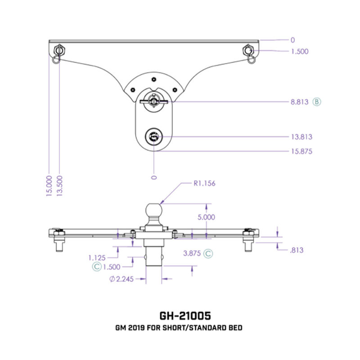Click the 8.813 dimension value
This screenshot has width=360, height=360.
(299, 102)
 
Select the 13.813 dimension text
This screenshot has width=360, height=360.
(301, 137)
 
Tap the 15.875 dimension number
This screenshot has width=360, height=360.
(301, 151)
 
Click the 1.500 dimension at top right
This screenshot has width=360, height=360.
(300, 51)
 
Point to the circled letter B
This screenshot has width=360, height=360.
(317, 102)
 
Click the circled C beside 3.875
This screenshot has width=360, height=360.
(208, 253)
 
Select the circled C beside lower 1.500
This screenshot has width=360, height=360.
(96, 266)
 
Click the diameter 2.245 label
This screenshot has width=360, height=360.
(121, 279)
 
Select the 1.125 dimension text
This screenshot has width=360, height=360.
(97, 258)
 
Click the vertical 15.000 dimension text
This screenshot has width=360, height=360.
(49, 185)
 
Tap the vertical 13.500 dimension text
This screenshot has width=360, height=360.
(59, 185)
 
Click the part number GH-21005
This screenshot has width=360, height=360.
(180, 315)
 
